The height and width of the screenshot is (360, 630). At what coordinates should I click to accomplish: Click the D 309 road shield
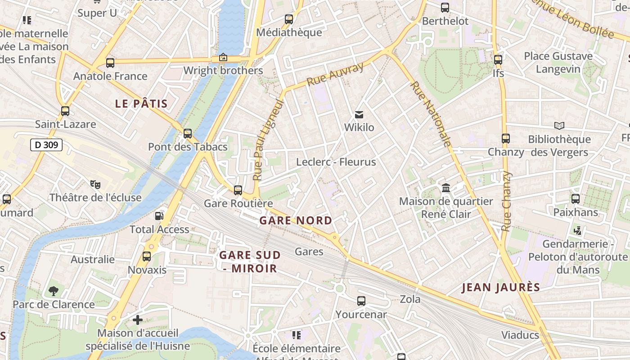click(46, 145)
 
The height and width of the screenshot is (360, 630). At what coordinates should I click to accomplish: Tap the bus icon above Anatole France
click(110, 63)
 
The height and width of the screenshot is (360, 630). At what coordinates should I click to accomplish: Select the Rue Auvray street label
click(335, 75)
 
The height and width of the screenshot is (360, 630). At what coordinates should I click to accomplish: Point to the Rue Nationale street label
click(431, 114)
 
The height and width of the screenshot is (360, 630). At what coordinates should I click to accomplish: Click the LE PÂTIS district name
click(141, 104)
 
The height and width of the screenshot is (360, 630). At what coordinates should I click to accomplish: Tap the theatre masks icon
click(95, 184)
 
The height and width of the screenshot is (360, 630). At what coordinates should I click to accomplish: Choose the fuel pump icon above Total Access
click(159, 216)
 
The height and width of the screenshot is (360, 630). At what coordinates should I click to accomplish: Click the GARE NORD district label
click(296, 221)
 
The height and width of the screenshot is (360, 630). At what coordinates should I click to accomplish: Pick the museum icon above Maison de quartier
click(446, 188)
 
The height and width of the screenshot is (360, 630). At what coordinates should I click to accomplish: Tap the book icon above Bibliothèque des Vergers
click(559, 126)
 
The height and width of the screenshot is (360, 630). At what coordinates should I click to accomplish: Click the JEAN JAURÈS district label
click(501, 288)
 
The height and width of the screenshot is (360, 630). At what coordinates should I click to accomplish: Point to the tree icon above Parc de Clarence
click(54, 291)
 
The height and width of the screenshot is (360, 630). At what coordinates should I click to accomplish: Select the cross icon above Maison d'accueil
click(138, 320)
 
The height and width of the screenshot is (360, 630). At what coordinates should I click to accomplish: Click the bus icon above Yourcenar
click(361, 301)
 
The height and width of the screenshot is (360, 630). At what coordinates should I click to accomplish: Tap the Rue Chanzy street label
click(506, 201)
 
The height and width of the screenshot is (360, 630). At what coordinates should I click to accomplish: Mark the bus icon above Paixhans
click(576, 199)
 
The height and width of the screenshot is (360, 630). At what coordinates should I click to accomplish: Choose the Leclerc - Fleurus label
click(336, 162)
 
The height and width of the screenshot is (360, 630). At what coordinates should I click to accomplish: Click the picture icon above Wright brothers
click(223, 57)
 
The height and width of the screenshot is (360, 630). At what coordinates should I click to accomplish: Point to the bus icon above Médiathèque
click(289, 19)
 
